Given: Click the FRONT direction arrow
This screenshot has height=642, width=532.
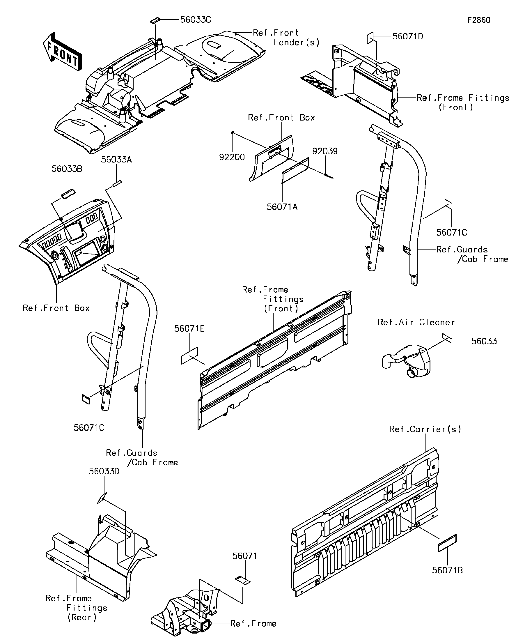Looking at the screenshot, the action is (x=62, y=52).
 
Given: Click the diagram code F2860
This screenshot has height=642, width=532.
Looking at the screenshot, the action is (x=479, y=20).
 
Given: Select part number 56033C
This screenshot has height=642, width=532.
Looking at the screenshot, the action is (x=196, y=20).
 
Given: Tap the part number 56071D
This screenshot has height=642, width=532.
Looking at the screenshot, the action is (x=408, y=36).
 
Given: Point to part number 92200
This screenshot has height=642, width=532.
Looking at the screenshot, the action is (x=232, y=157).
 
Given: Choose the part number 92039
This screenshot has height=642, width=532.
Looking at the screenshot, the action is (x=325, y=151).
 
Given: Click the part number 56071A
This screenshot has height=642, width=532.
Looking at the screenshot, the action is (x=282, y=207).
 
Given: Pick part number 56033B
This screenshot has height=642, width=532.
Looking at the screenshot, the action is (x=67, y=169).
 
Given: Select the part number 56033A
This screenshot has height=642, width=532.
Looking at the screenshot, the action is (x=116, y=160).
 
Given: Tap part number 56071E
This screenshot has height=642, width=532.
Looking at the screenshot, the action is (x=189, y=329).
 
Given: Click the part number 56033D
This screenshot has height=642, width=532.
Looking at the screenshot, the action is (x=104, y=471).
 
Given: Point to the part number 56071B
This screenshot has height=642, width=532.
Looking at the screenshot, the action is (x=447, y=570).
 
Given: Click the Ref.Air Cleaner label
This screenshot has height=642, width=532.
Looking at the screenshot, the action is (x=416, y=322).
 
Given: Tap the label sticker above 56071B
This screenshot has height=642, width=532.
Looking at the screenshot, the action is (x=447, y=543).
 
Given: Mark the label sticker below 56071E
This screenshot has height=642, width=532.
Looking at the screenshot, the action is (x=189, y=356).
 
